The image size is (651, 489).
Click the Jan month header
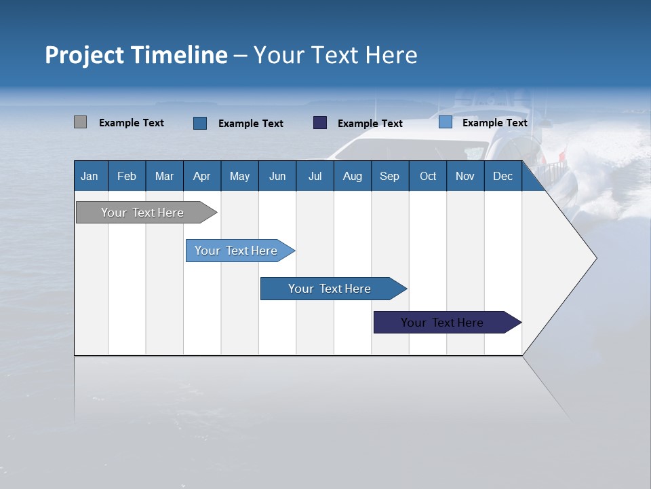(x=90, y=176)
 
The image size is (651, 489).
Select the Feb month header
(x=127, y=176)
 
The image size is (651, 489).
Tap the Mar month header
(x=164, y=176)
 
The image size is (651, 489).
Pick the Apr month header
(x=202, y=176)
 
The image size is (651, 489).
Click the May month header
(x=239, y=176)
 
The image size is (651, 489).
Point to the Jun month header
(x=277, y=176)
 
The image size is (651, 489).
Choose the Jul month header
(x=315, y=176)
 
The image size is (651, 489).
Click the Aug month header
(x=353, y=176)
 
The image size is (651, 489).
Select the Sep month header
(x=390, y=176)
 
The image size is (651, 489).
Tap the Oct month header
(x=428, y=176)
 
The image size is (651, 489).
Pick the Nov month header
(x=465, y=176)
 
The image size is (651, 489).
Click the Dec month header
(x=503, y=176)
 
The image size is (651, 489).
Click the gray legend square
(x=81, y=122)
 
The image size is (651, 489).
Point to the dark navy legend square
(x=320, y=122)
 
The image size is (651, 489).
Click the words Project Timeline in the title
(x=136, y=55)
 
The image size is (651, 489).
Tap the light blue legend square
(x=446, y=122)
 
